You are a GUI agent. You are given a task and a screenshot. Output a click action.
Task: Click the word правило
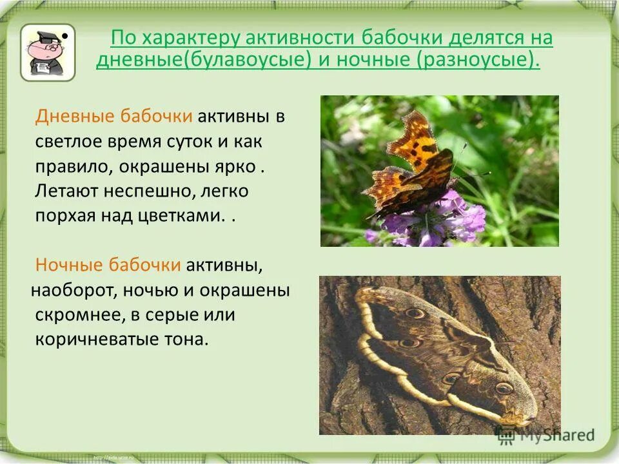[x=72, y=166]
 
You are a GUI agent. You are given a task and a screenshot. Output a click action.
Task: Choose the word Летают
[x=66, y=191]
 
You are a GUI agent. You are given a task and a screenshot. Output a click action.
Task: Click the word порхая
[x=63, y=217]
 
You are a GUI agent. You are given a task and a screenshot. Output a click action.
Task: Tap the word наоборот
[x=70, y=291]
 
